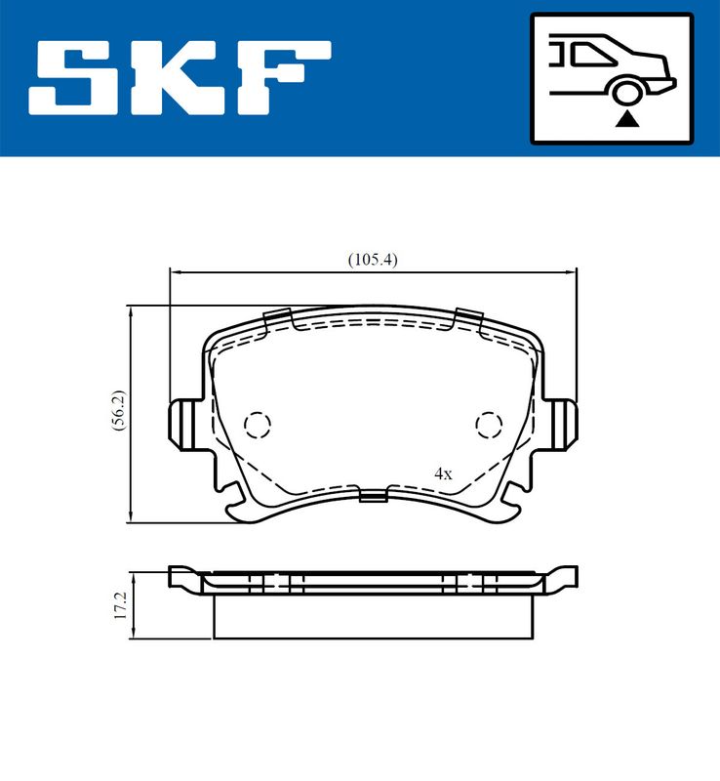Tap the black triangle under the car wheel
627,120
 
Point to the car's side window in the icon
593,54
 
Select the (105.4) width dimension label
373,260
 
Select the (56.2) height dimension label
119,410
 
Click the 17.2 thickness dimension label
122,605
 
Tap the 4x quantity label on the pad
443,473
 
